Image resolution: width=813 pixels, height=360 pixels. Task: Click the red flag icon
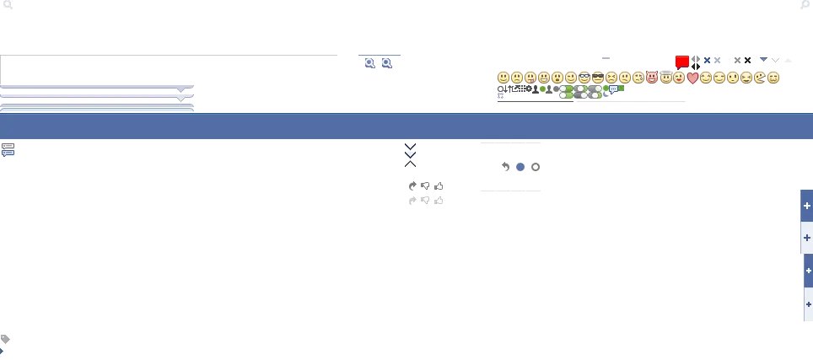click(x=681, y=62)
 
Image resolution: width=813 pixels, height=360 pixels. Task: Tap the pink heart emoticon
click(x=693, y=78)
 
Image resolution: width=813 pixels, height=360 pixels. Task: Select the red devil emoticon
click(x=652, y=78)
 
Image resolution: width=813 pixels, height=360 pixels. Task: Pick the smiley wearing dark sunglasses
click(x=598, y=78)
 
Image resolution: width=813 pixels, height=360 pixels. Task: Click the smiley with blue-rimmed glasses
click(x=584, y=78)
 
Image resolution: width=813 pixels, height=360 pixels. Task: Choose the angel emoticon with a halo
click(x=665, y=78)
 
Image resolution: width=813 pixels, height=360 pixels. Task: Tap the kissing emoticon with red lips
click(x=679, y=78)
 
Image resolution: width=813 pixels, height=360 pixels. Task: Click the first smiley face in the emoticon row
click(x=503, y=78)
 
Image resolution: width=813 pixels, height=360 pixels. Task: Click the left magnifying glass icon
click(x=369, y=62)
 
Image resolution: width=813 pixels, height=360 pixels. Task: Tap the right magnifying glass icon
click(x=386, y=62)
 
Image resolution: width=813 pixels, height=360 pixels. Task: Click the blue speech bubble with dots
click(x=613, y=89)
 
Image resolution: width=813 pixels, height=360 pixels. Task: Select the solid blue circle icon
click(x=520, y=167)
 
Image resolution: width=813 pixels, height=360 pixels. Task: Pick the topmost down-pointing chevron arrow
click(x=411, y=146)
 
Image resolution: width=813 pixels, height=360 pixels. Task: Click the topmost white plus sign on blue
click(x=807, y=206)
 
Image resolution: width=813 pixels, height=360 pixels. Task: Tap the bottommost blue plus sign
click(x=808, y=304)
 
